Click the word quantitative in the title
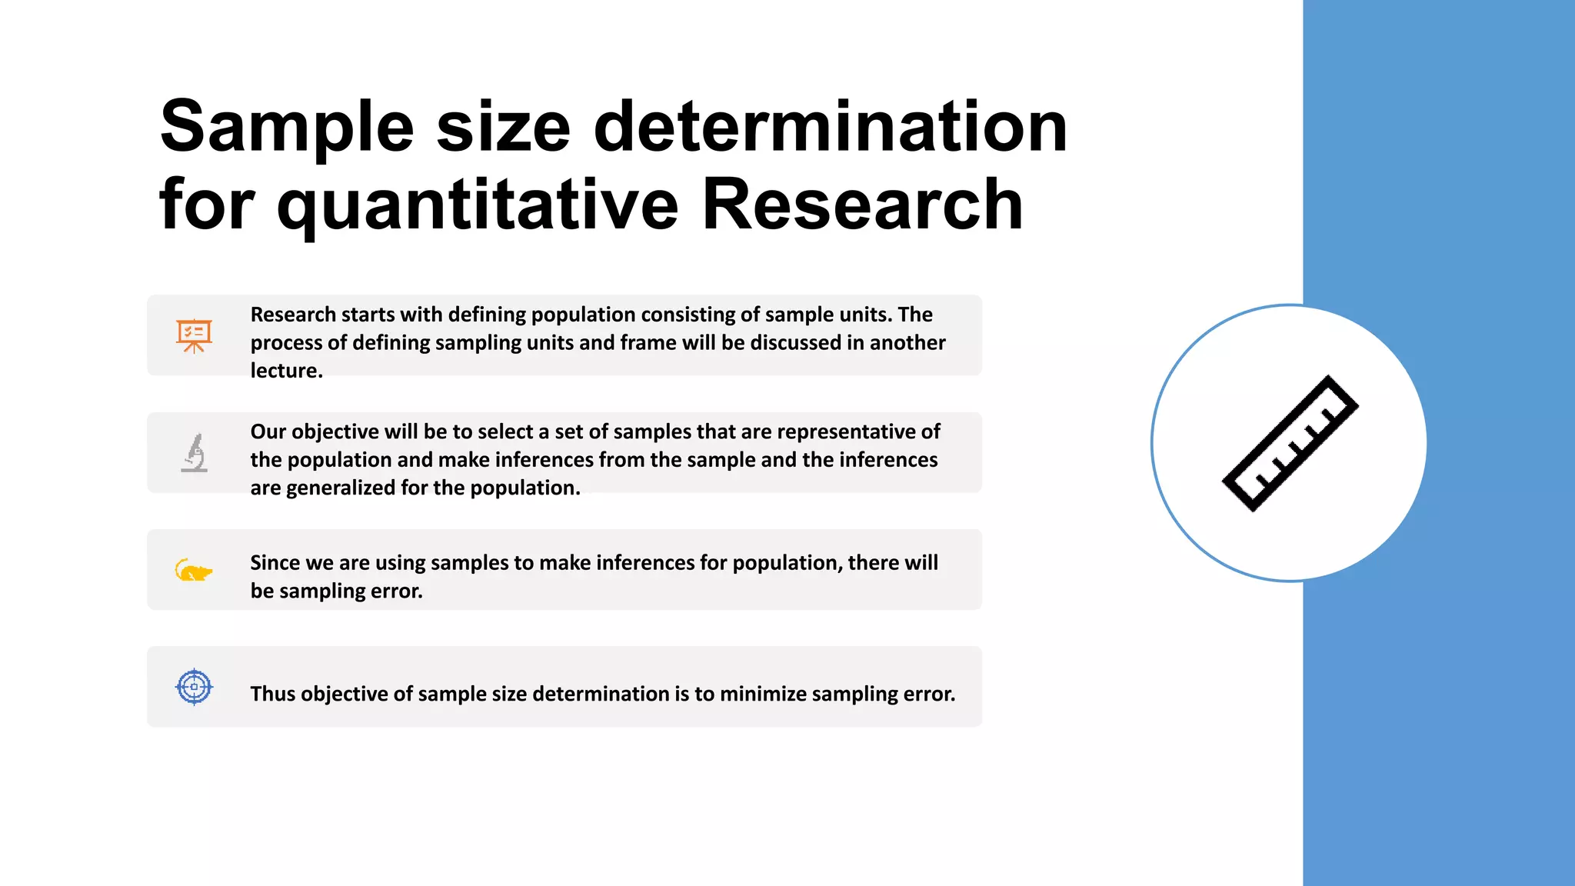click(x=477, y=205)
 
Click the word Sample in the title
click(x=287, y=127)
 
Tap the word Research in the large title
click(x=862, y=205)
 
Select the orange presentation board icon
click(x=194, y=335)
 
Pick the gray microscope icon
click(x=195, y=452)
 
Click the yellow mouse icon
click(x=193, y=571)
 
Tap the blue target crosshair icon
click(x=194, y=687)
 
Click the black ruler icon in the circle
click(x=1290, y=444)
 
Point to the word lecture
click(x=286, y=371)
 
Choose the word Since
click(x=275, y=563)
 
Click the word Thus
click(x=272, y=694)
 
